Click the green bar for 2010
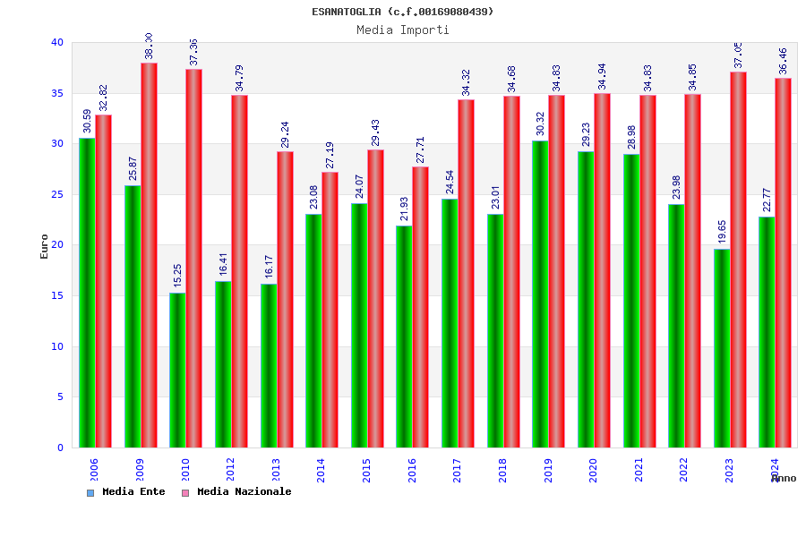177,370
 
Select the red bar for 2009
149,255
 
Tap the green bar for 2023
722,348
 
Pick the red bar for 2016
420,307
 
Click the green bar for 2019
540,294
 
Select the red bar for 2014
330,310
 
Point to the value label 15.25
177,276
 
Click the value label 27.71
420,149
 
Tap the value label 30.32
540,124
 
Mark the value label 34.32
466,82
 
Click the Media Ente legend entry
126,492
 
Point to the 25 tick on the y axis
57,194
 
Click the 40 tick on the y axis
57,42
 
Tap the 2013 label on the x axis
276,470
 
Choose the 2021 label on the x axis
639,470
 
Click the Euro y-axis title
45,246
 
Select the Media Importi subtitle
403,30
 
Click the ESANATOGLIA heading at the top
403,12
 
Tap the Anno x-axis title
783,479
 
